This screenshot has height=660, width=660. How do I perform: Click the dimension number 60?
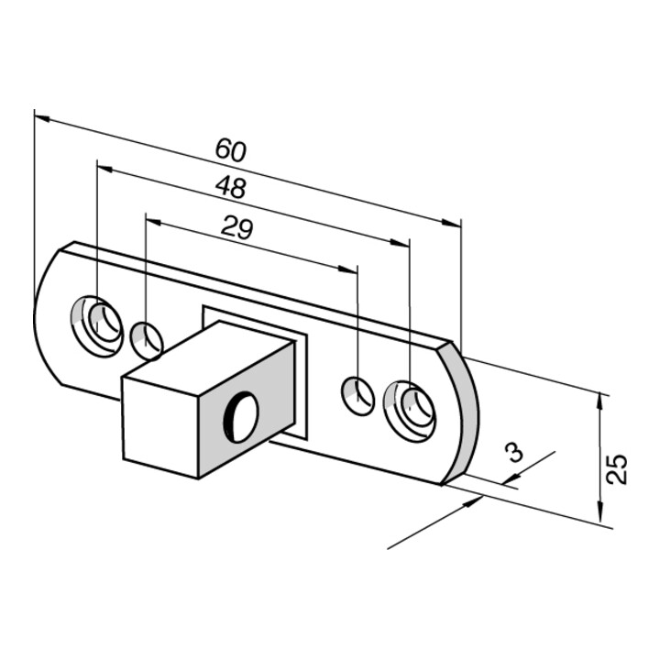pos(230,149)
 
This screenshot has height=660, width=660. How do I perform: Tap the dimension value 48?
pos(230,187)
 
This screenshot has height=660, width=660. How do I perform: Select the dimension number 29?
pos(237,227)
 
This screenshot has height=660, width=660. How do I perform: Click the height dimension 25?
pos(617,468)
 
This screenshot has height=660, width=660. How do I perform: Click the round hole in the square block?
pos(240,417)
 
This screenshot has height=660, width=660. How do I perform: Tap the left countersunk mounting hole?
pos(97,326)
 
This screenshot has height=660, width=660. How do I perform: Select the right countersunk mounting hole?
pos(409,412)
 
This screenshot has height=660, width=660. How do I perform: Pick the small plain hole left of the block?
pos(147,341)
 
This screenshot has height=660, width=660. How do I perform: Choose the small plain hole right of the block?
pos(357,397)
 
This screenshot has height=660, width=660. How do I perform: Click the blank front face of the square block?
pos(159,428)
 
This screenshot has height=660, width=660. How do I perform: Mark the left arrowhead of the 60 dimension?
pos(42,118)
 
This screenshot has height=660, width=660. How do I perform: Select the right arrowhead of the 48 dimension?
pos(400,242)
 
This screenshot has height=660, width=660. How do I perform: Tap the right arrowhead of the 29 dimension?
pos(347,269)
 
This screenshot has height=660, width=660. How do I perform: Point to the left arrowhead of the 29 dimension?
pos(154,221)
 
